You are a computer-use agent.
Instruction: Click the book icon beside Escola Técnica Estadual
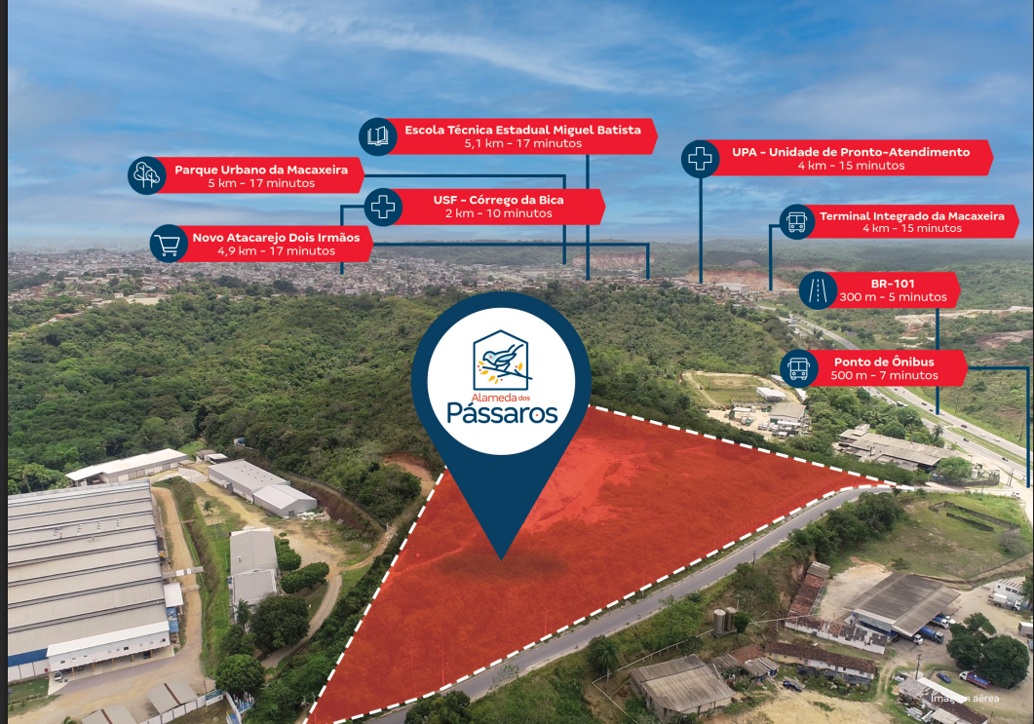pos(378,136)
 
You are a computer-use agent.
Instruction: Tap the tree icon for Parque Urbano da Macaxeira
pos(147,175)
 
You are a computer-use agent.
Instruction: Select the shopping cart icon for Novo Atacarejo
pos(169,244)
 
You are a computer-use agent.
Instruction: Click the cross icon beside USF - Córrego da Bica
pos(383,207)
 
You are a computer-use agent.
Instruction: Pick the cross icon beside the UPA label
pos(701,158)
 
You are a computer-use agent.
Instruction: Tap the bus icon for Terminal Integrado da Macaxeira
pos(796,222)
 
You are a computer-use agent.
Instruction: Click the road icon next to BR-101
pos(818,290)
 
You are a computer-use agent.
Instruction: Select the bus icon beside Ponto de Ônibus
pos(798,368)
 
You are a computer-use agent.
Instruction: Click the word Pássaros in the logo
pos(503,413)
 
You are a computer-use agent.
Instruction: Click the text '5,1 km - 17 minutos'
pos(523,143)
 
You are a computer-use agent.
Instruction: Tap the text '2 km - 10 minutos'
pos(499,213)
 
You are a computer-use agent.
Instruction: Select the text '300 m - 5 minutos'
pos(893,297)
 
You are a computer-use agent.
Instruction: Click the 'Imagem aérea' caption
pos(965,699)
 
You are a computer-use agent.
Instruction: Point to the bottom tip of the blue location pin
pos(502,560)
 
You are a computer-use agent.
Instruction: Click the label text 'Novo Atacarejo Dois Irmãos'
pos(277,238)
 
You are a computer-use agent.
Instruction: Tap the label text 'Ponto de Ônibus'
pos(884,362)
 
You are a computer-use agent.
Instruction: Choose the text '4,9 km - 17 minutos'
pos(277,251)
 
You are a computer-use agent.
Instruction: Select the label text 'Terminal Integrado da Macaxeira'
pos(912,215)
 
